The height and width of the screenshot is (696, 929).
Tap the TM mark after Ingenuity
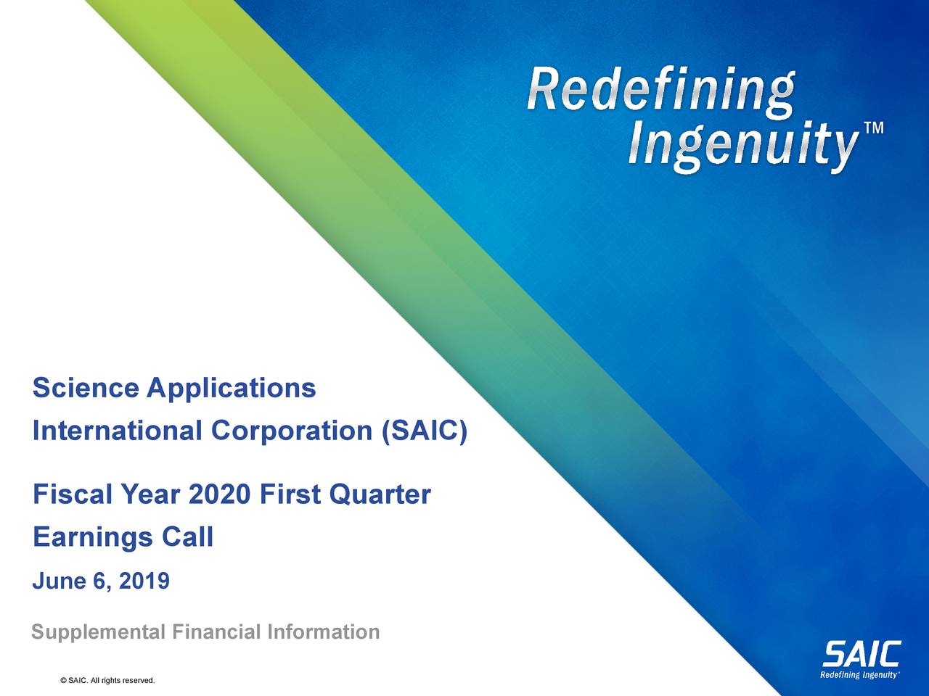[874, 129]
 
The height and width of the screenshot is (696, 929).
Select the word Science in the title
[85, 389]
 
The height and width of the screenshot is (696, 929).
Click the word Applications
[231, 389]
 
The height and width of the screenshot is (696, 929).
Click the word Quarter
[380, 495]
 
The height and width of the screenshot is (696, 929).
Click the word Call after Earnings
[187, 537]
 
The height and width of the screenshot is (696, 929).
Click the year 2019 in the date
[144, 581]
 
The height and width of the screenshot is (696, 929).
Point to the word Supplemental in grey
[99, 632]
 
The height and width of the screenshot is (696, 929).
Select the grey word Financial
[216, 632]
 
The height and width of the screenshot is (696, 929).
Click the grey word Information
[323, 632]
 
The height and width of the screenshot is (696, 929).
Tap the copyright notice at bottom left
[108, 680]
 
